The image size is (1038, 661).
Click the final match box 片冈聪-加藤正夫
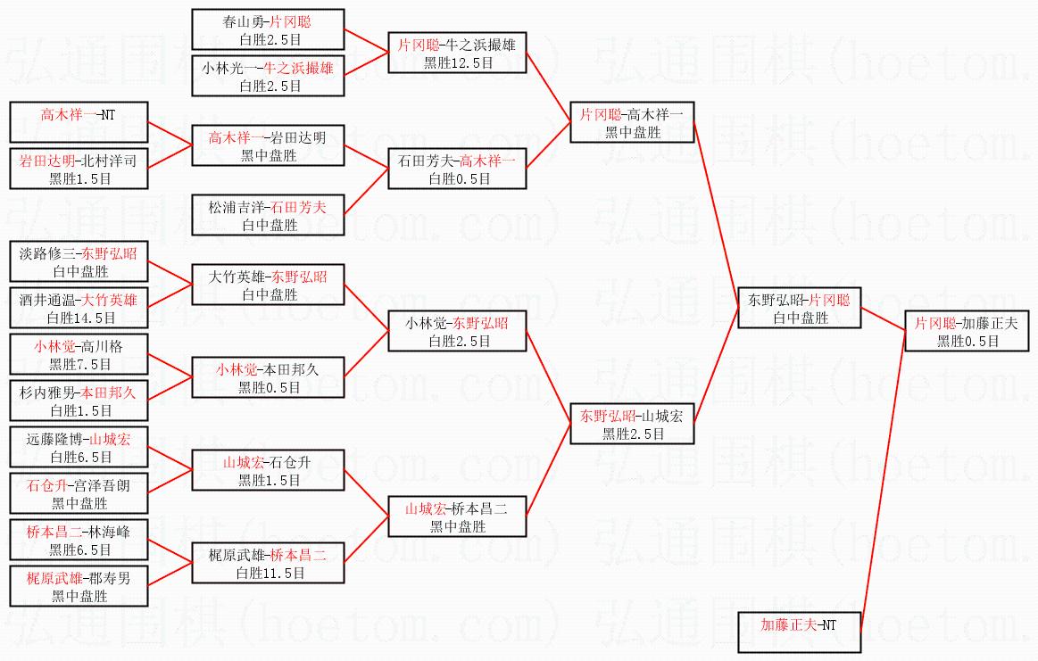click(x=967, y=332)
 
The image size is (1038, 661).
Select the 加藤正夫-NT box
click(x=799, y=632)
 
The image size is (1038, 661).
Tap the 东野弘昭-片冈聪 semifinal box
click(x=799, y=308)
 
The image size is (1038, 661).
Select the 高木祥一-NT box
click(x=79, y=123)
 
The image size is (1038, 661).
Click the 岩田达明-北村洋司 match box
click(x=79, y=169)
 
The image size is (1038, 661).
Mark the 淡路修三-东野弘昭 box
click(x=79, y=261)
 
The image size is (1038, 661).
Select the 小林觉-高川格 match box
click(x=79, y=355)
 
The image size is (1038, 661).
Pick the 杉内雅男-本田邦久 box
click(x=79, y=401)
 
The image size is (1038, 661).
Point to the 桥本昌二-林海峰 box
click(x=79, y=541)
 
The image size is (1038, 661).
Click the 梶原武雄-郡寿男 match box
click(x=79, y=587)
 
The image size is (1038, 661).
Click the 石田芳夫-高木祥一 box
click(x=458, y=169)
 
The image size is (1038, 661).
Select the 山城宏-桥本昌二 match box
click(x=458, y=517)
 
